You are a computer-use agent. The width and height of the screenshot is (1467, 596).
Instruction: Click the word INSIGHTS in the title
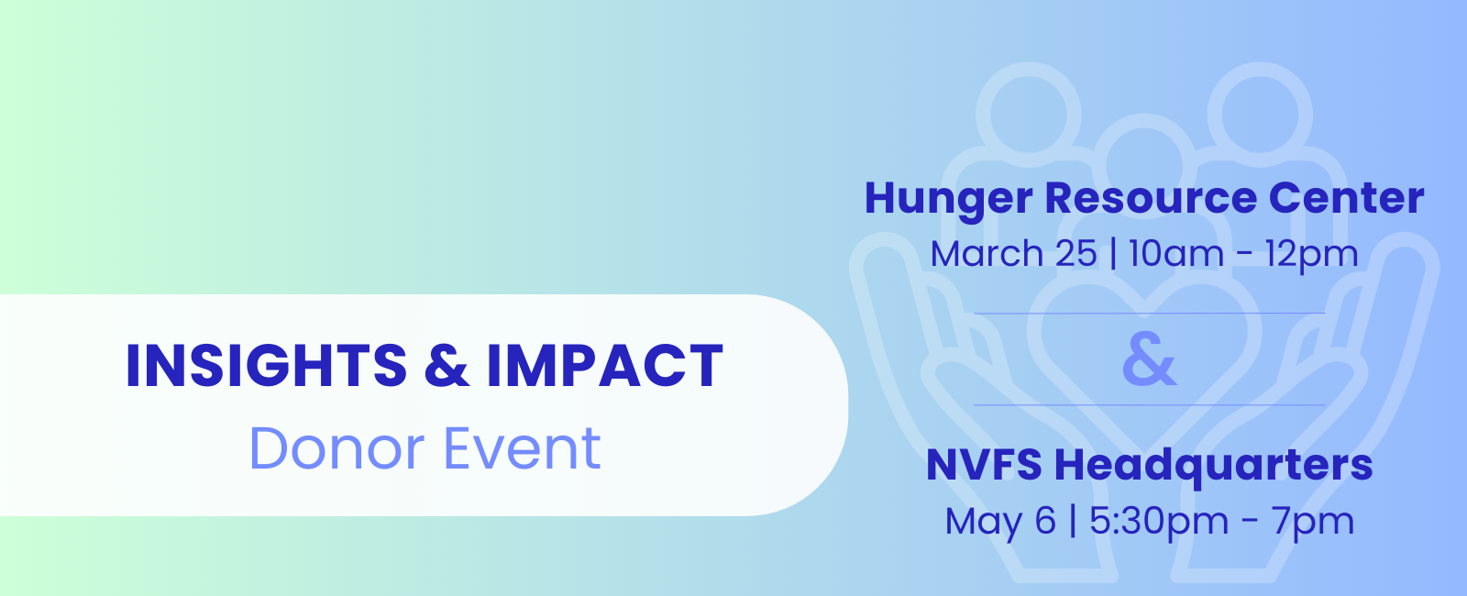[267, 366]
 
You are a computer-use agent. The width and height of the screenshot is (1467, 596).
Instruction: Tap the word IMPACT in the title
[604, 366]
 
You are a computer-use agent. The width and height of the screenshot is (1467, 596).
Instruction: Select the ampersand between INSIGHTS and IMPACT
[447, 366]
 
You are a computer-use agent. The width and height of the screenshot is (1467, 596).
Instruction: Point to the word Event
[522, 448]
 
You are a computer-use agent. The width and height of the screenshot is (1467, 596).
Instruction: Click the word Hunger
[948, 199]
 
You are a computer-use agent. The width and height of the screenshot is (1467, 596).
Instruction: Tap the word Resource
[1151, 198]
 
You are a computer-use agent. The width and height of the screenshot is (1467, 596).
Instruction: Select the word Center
[1346, 198]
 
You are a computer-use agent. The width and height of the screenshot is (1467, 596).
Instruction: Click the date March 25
[1013, 253]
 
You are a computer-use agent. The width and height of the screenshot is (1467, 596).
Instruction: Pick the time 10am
[1176, 253]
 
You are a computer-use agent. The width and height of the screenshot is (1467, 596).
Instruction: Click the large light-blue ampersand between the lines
[1150, 359]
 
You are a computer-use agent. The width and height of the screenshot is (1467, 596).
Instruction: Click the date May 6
[1000, 523]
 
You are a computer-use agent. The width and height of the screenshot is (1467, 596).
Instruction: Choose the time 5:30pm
[1159, 523]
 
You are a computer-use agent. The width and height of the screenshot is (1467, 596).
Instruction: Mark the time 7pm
[1312, 523]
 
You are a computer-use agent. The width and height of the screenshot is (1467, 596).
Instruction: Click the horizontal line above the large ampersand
[1150, 314]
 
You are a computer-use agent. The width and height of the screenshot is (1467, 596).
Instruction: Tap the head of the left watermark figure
[1028, 115]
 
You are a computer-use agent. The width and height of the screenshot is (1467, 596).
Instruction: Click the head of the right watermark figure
[1260, 115]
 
